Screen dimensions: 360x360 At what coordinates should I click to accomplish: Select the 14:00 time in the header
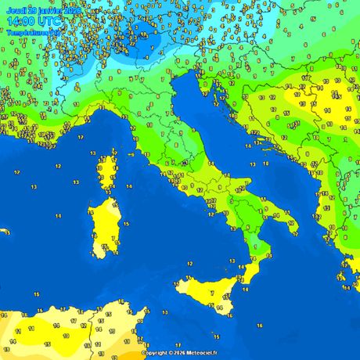click(20, 23)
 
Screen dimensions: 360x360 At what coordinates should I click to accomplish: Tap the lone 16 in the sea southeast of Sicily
click(260, 324)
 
